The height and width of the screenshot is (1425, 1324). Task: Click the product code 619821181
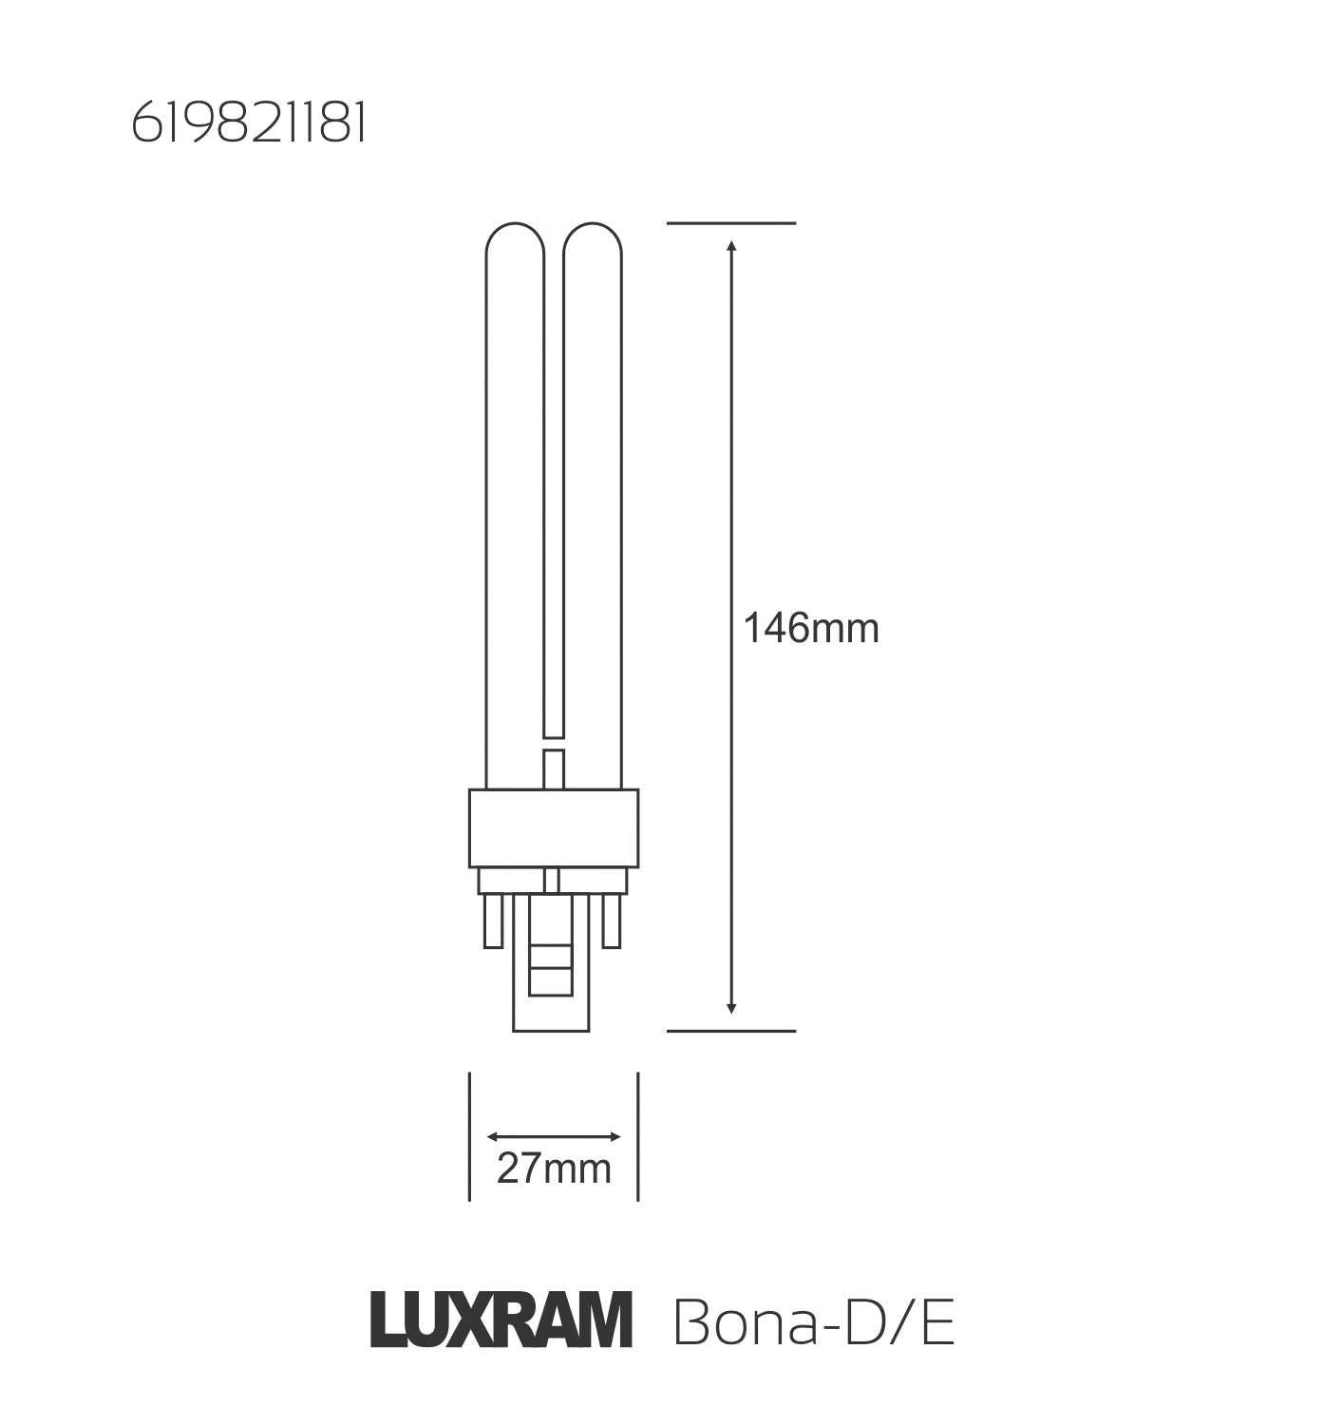pyautogui.click(x=248, y=124)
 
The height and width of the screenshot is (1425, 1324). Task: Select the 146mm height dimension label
pyautogui.click(x=810, y=629)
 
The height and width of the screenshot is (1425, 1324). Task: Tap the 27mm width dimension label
pyautogui.click(x=554, y=1168)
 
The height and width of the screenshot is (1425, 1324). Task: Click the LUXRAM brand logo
pyautogui.click(x=501, y=1320)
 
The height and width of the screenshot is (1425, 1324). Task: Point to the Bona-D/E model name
pyautogui.click(x=813, y=1321)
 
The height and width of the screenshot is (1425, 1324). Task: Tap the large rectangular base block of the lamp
pyautogui.click(x=554, y=828)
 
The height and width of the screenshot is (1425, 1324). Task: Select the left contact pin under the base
pyautogui.click(x=493, y=920)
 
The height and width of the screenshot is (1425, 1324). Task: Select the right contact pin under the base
pyautogui.click(x=613, y=920)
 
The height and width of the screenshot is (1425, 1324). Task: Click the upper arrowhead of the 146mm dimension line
pyautogui.click(x=730, y=247)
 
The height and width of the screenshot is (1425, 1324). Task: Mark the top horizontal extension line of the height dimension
pyautogui.click(x=730, y=223)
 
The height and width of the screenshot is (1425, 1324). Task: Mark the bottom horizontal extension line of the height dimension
pyautogui.click(x=730, y=1031)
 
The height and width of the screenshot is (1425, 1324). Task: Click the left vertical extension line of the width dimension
pyautogui.click(x=469, y=1136)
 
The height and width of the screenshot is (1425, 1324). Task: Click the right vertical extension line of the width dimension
pyautogui.click(x=638, y=1136)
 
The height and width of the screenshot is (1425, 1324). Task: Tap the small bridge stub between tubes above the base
pyautogui.click(x=554, y=769)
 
